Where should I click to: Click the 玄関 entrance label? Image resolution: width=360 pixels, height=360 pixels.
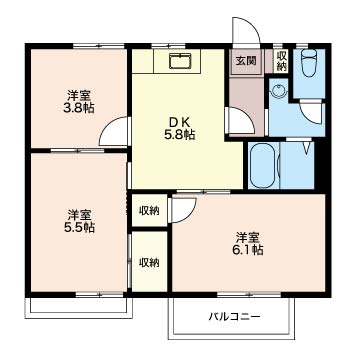pyautogui.click(x=246, y=61)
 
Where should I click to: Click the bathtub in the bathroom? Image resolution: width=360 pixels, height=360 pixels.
pyautogui.click(x=263, y=166)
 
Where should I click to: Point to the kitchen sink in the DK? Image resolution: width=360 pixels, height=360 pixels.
pyautogui.click(x=180, y=61)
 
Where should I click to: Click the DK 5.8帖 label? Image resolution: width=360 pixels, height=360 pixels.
pyautogui.click(x=181, y=128)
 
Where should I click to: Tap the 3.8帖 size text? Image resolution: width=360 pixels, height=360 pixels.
pyautogui.click(x=79, y=108)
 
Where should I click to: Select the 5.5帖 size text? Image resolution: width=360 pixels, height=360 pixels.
pyautogui.click(x=80, y=227)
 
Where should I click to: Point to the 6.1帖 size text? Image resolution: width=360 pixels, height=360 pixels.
pyautogui.click(x=248, y=250)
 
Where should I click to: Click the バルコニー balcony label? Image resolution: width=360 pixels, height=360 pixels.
pyautogui.click(x=234, y=316)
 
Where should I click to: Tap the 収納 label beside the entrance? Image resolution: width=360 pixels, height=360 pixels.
pyautogui.click(x=281, y=61)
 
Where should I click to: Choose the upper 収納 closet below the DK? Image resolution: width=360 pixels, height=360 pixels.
pyautogui.click(x=149, y=211)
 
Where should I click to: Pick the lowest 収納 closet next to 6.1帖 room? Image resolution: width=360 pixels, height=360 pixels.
pyautogui.click(x=149, y=262)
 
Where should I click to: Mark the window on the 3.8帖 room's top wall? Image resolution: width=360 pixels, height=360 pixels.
pyautogui.click(x=99, y=46)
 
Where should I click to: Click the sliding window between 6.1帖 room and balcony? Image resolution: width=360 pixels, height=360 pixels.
pyautogui.click(x=249, y=295)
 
